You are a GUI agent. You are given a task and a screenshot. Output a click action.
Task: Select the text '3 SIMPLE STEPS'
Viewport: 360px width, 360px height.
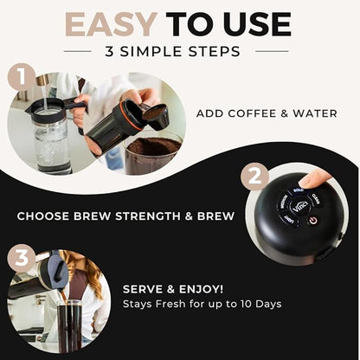coord(180,52)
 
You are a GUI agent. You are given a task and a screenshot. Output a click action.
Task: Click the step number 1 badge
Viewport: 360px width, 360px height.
coord(21,77)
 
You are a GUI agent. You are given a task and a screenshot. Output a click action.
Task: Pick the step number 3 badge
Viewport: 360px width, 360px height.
coord(21,258)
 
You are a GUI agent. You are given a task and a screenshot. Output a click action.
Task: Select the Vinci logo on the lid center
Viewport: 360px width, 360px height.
coord(299,207)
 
